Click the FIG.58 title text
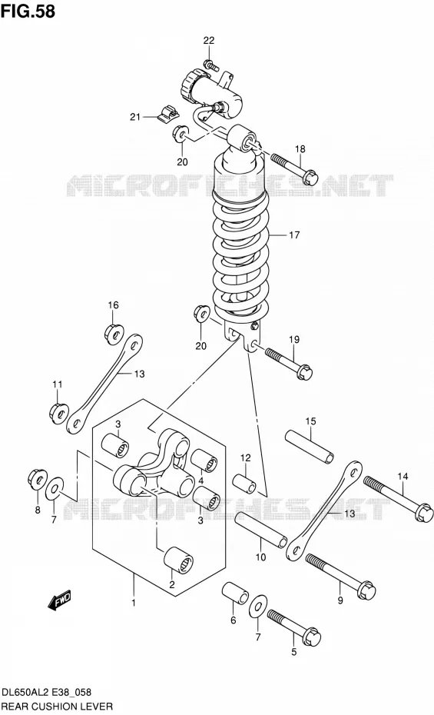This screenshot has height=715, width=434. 28,11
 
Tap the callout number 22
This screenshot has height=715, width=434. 209,41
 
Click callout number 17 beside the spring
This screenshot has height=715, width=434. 294,234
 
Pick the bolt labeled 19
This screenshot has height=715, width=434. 288,364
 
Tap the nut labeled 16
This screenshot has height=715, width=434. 114,334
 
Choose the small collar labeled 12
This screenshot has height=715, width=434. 244,484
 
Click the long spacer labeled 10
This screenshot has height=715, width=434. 261,530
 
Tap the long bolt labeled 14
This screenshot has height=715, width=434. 398,498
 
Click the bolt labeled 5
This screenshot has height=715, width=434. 294,627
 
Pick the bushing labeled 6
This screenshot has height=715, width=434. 235,594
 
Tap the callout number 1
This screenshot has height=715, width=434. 134,603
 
